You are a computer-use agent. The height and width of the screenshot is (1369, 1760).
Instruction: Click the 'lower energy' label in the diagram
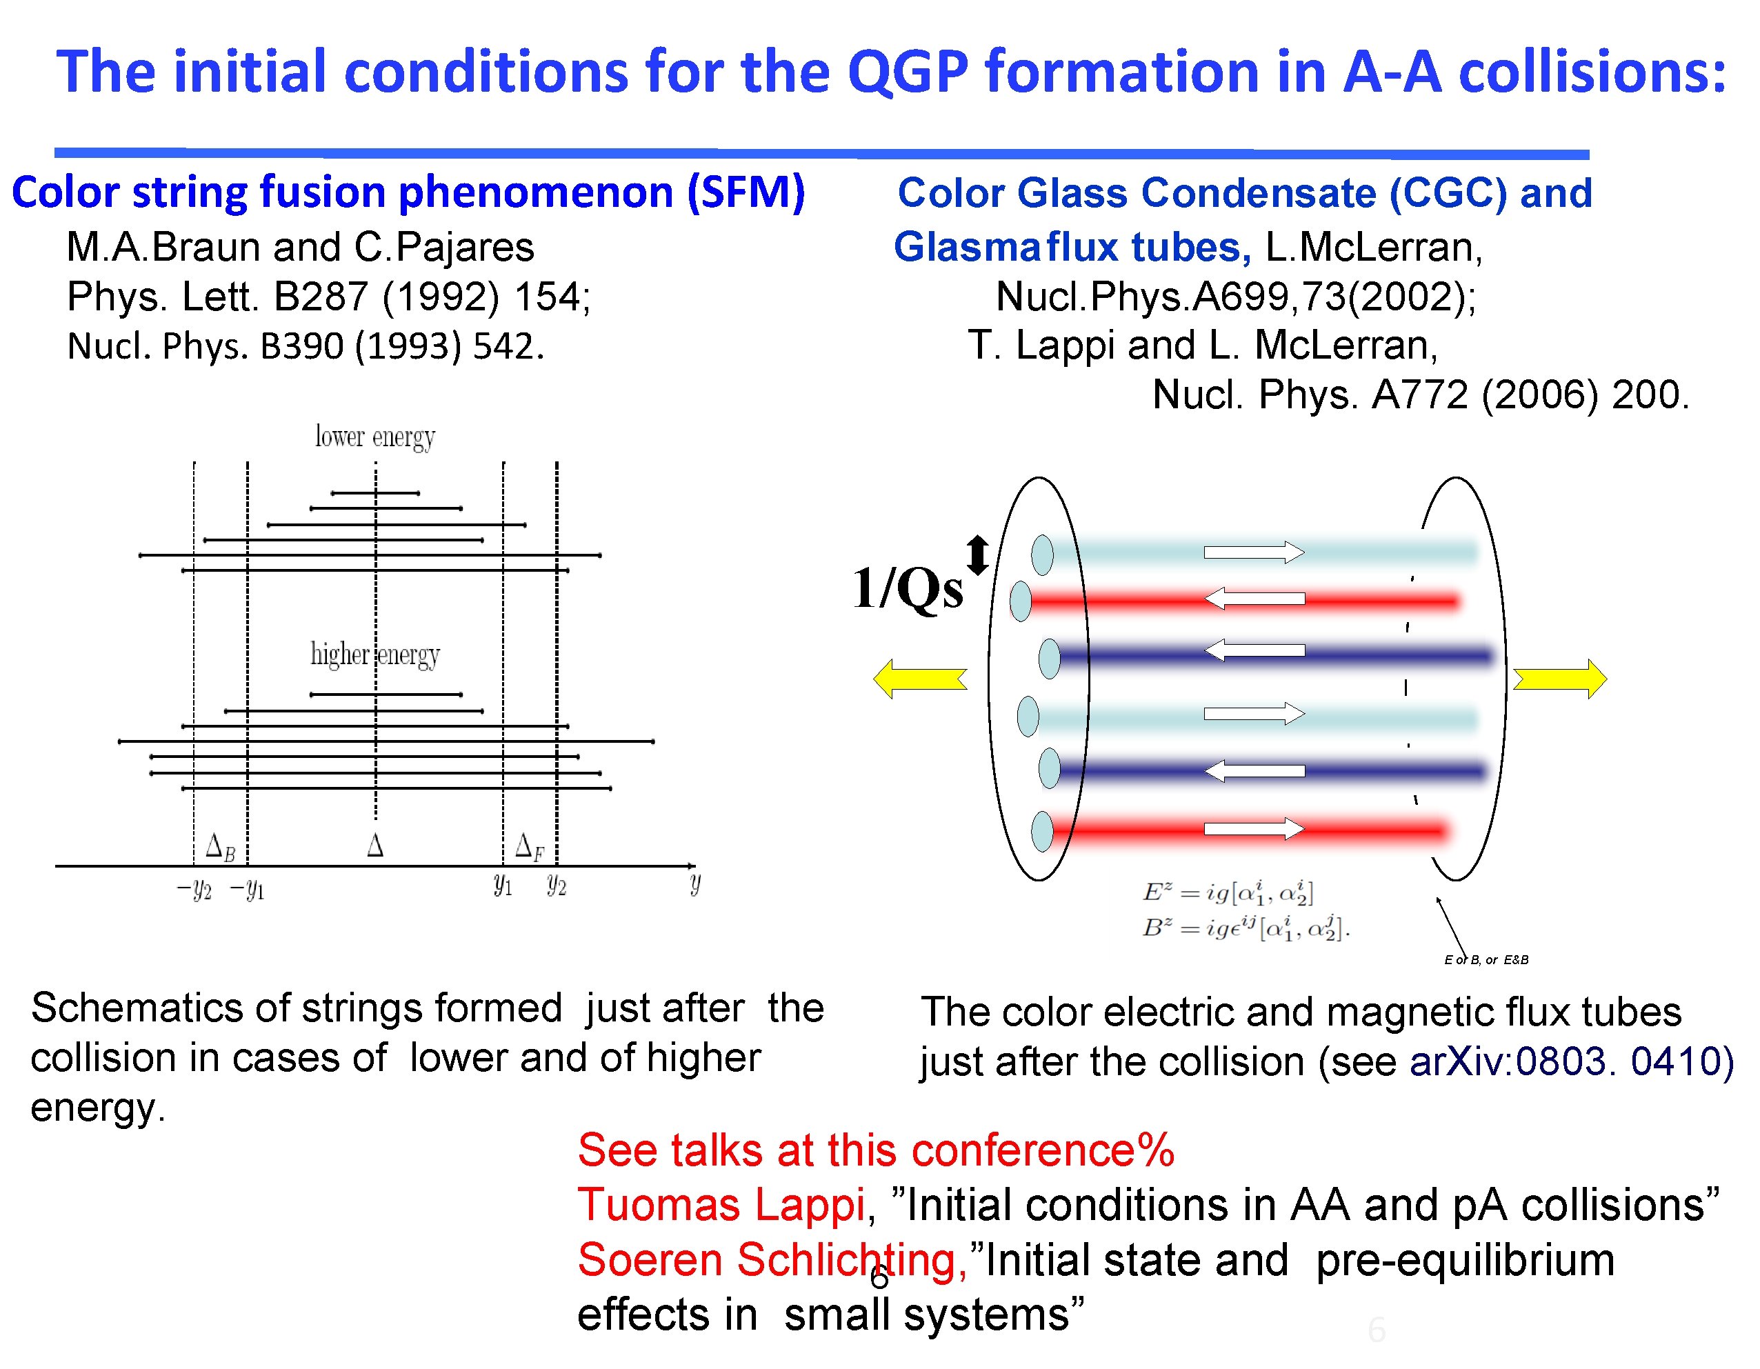click(x=374, y=437)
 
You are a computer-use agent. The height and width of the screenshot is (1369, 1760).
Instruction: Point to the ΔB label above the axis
click(x=220, y=848)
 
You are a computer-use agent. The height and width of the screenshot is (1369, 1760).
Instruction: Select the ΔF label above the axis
click(x=530, y=848)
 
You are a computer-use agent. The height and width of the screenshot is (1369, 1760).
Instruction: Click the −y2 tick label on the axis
click(x=194, y=890)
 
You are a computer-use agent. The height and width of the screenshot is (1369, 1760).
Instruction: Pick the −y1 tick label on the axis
click(x=248, y=890)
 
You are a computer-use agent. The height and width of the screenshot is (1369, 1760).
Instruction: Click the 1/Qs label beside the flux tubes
click(x=908, y=588)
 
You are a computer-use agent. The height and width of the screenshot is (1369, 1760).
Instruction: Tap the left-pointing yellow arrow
click(x=919, y=679)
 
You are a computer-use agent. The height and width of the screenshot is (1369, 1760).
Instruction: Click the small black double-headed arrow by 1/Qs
click(x=977, y=556)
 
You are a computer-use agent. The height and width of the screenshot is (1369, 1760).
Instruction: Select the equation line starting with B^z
click(x=1245, y=929)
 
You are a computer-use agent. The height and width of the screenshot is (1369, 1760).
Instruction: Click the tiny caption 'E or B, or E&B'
click(x=1486, y=959)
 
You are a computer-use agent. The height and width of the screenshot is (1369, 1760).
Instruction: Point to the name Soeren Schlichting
click(x=772, y=1260)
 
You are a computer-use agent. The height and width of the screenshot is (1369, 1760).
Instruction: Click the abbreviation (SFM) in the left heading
click(x=746, y=193)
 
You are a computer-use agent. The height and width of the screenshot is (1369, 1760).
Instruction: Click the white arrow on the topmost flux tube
click(x=1254, y=552)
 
